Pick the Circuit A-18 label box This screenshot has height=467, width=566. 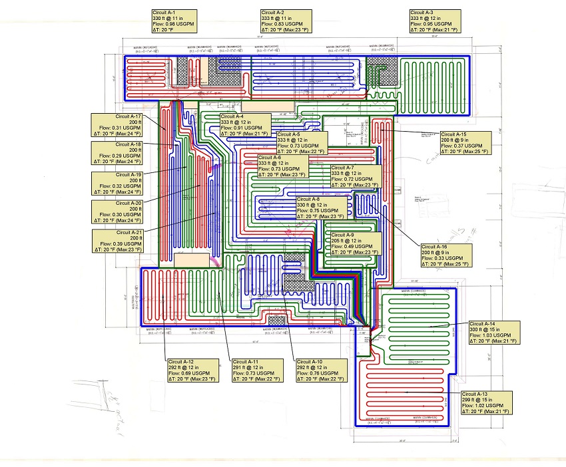117,153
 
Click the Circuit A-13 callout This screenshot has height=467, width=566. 489,402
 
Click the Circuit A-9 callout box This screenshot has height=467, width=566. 354,243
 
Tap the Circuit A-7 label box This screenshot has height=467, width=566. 355,176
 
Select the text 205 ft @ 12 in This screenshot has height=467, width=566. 349,240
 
